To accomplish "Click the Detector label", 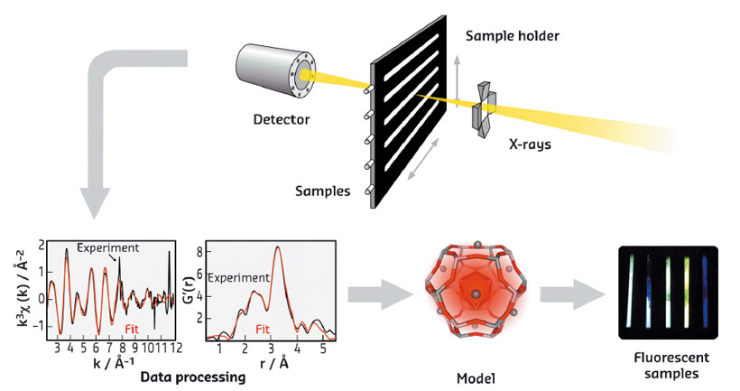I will coord(281,118).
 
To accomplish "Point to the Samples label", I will coord(321,191).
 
